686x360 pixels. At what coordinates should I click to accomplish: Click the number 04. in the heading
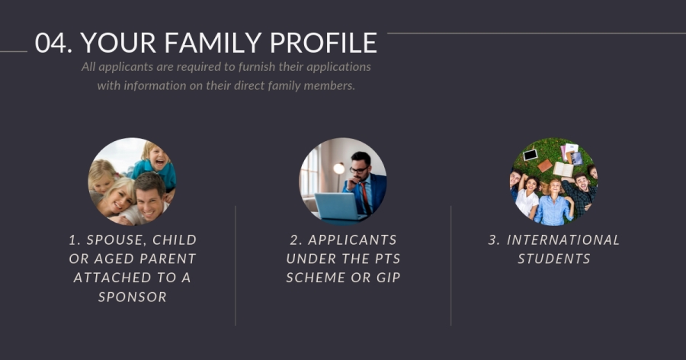pyautogui.click(x=53, y=43)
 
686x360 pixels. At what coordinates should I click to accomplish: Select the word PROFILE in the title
pyautogui.click(x=323, y=43)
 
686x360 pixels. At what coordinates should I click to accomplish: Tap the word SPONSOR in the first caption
pyautogui.click(x=132, y=297)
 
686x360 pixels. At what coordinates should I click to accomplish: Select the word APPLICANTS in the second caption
pyautogui.click(x=352, y=240)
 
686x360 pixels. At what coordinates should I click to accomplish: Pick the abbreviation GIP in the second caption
pyautogui.click(x=389, y=278)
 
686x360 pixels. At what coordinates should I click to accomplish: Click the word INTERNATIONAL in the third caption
pyautogui.click(x=563, y=240)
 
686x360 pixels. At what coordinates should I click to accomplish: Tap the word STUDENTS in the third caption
pyautogui.click(x=554, y=259)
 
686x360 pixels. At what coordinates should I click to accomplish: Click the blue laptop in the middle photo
pyautogui.click(x=337, y=206)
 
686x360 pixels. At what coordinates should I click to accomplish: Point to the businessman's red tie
pyautogui.click(x=366, y=198)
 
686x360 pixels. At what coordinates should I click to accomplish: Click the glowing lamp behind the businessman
pyautogui.click(x=339, y=169)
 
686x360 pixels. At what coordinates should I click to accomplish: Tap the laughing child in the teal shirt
pyautogui.click(x=155, y=165)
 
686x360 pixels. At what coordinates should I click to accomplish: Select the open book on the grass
pyautogui.click(x=563, y=169)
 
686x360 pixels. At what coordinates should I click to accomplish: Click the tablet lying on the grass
pyautogui.click(x=531, y=155)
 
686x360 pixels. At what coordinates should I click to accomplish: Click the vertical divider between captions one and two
pyautogui.click(x=236, y=265)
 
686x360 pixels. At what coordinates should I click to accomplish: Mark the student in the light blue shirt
pyautogui.click(x=554, y=203)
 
